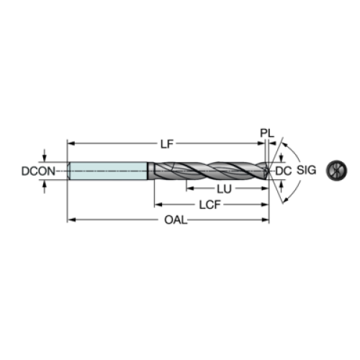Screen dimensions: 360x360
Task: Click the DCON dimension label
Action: pyautogui.click(x=38, y=171)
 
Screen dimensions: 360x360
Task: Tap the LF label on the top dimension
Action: pyautogui.click(x=167, y=144)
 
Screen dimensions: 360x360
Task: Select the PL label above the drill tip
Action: pyautogui.click(x=267, y=133)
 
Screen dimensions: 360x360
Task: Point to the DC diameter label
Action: pyautogui.click(x=284, y=171)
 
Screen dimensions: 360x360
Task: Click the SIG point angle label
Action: pyautogui.click(x=307, y=170)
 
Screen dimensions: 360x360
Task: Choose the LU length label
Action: pyautogui.click(x=225, y=189)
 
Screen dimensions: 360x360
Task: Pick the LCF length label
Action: pyautogui.click(x=210, y=204)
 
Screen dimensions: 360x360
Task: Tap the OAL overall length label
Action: pyautogui.click(x=176, y=220)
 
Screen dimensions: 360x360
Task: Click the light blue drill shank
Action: pyautogui.click(x=108, y=171)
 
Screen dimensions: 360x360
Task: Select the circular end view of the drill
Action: pyautogui.click(x=336, y=171)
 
